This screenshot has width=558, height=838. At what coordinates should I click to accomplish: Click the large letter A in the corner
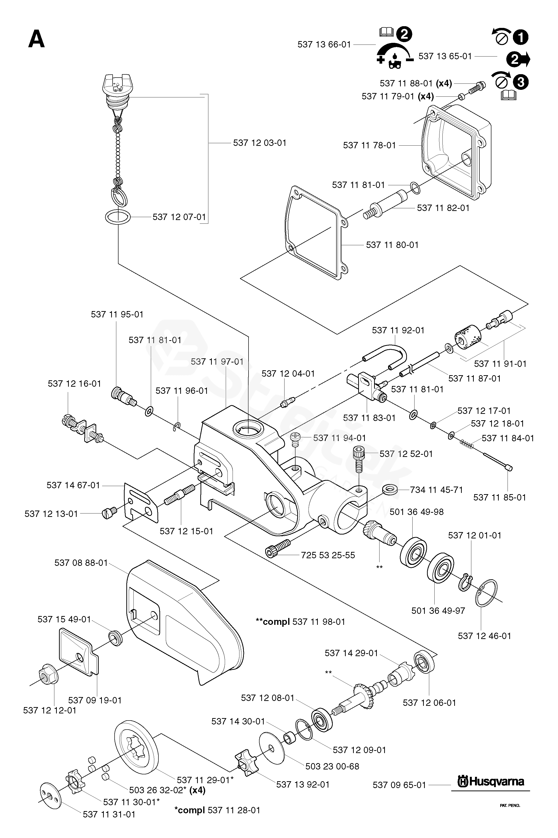click(37, 39)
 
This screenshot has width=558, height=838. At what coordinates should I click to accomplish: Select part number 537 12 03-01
click(260, 143)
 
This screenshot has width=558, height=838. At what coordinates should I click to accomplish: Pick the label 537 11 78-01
click(369, 145)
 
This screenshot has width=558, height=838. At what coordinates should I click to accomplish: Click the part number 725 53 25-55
click(328, 555)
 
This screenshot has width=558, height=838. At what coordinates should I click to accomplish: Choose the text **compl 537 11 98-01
click(300, 622)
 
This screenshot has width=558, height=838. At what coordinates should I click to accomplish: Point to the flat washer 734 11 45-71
click(390, 489)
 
